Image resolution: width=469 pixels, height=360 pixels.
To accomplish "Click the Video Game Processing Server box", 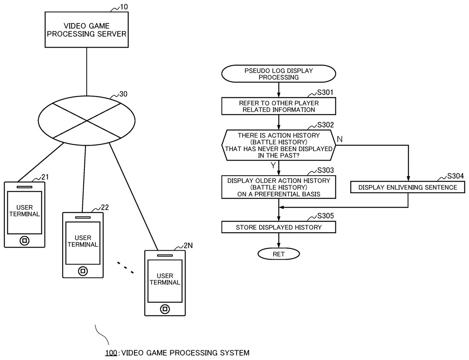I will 86,30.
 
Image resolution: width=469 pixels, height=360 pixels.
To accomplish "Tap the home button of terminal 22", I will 82,271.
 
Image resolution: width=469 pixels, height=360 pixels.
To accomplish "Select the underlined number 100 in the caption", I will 110,353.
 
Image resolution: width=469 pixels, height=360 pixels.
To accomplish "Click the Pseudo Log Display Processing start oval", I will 278,74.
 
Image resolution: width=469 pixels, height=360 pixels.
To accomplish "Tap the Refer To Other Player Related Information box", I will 279,106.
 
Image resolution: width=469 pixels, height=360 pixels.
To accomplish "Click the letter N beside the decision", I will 339,139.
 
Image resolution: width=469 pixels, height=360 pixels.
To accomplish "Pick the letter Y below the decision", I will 273,165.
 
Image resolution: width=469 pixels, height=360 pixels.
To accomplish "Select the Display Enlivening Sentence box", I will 408,187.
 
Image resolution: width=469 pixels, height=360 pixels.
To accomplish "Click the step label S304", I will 455,176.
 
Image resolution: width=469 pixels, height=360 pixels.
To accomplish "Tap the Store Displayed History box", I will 278,227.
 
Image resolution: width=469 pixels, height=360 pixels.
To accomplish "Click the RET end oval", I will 278,254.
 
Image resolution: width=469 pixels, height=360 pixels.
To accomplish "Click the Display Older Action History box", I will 278,187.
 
